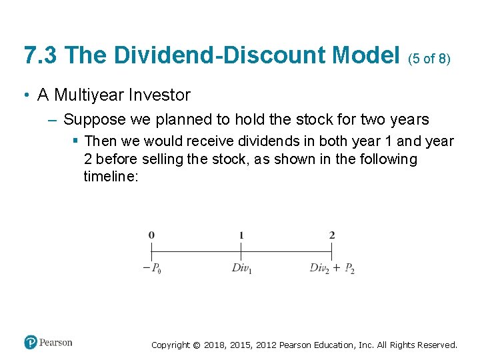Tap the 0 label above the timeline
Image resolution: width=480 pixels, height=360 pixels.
click(151, 235)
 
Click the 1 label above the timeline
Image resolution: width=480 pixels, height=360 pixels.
click(241, 235)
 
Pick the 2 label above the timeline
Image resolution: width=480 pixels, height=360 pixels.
click(331, 235)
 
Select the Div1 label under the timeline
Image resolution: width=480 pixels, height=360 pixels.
click(241, 268)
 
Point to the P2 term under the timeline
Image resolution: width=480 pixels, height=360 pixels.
click(349, 268)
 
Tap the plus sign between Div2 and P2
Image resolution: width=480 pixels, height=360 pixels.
click(336, 267)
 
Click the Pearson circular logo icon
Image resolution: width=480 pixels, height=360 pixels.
click(31, 343)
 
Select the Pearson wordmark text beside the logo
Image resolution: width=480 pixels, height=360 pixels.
click(56, 343)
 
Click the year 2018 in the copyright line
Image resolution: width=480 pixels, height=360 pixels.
click(215, 345)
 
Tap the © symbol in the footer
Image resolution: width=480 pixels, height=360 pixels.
click(196, 345)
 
